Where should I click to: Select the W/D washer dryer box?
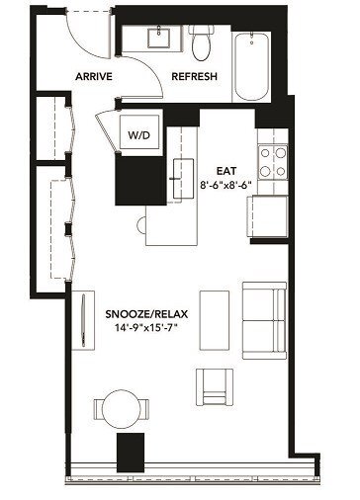tap(136, 134)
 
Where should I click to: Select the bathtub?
tap(256, 65)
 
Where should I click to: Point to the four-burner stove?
tap(272, 164)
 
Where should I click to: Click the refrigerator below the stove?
tap(269, 211)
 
